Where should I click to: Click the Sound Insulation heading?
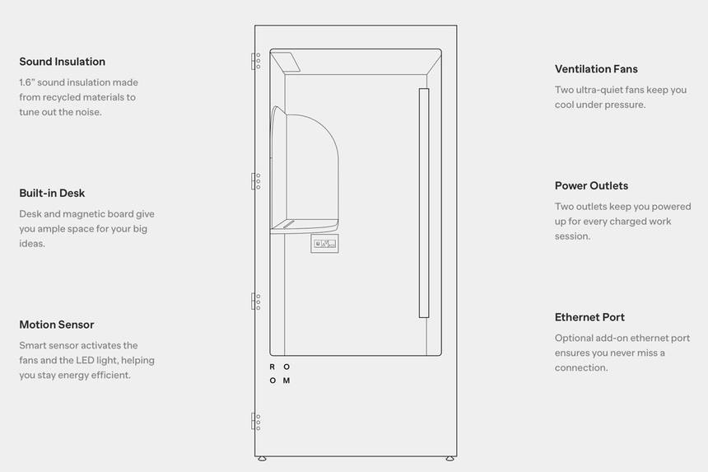62,62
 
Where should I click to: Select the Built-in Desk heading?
52,194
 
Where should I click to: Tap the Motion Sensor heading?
56,325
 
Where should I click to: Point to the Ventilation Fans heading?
596,69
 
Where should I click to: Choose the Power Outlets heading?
591,186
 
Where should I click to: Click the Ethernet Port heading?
589,317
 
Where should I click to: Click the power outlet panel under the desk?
324,243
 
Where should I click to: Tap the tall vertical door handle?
424,203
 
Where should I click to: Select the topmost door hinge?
256,61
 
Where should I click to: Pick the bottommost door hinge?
256,422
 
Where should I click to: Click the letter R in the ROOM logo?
272,367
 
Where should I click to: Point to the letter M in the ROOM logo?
286,381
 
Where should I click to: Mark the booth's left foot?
262,459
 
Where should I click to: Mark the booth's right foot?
449,459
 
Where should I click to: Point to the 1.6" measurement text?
29,82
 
